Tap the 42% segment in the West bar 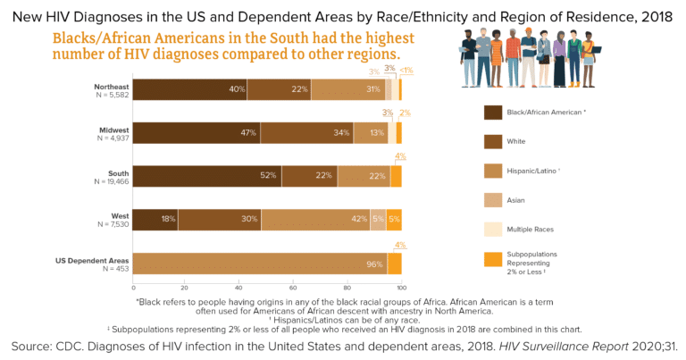(314, 220)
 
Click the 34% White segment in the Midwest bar (306, 133)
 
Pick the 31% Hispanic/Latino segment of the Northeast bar (347, 89)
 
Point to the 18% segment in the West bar (155, 220)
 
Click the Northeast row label (112, 86)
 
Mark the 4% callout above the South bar (400, 156)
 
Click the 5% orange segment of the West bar (394, 220)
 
